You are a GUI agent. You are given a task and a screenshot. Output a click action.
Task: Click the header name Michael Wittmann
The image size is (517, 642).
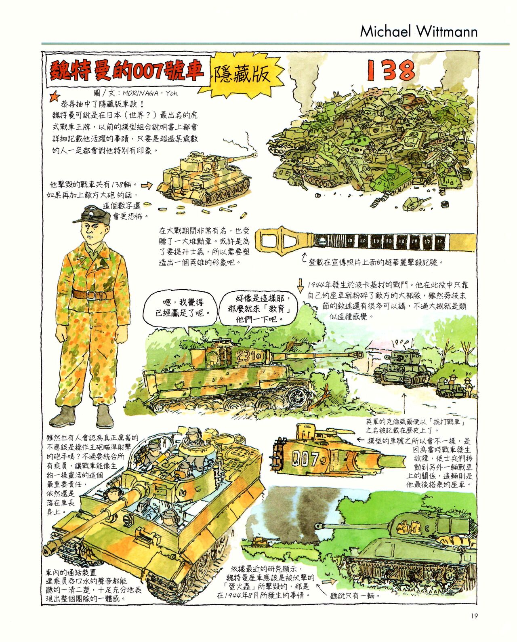tap(418, 32)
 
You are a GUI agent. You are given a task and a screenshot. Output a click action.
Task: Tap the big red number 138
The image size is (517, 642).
tap(391, 70)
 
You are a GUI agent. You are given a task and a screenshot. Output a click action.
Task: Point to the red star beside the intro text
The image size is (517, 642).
tap(55, 97)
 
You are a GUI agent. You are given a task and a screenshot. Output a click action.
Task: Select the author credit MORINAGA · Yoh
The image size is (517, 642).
tap(150, 93)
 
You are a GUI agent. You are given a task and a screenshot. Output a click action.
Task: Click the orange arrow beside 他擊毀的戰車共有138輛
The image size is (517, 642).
tap(147, 185)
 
